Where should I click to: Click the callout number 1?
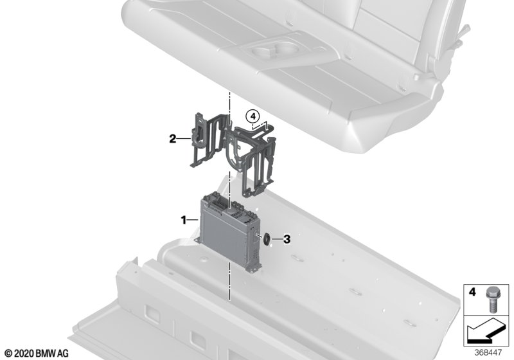pos(184,220)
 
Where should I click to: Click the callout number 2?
pos(173,139)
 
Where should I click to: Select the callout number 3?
pos(287,239)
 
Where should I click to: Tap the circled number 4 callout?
pos(253,116)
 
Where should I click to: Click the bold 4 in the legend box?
pos(472,292)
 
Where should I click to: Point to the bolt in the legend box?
pos(491,299)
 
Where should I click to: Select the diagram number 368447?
pos(488,353)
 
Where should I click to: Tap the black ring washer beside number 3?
pos(267,239)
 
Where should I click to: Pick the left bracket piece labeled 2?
pos(206,140)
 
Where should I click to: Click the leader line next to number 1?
pos(193,220)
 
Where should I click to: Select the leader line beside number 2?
pos(184,139)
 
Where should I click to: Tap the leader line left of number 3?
pos(277,239)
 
